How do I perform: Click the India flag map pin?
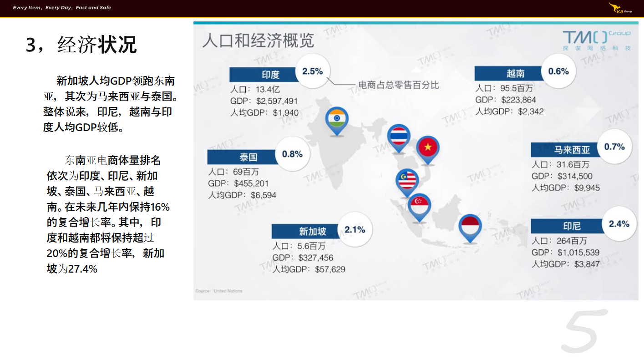(337, 121)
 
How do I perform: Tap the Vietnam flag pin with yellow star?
(428, 150)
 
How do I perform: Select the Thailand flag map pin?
(399, 138)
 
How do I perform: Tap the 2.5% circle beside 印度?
(313, 71)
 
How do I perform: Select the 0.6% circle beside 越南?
(558, 71)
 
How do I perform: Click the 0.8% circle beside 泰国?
(292, 154)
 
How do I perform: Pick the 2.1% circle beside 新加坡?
(355, 229)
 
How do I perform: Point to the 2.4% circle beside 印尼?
(619, 224)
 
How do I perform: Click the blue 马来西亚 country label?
(565, 150)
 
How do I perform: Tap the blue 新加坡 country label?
(305, 231)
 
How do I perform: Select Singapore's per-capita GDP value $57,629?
(330, 269)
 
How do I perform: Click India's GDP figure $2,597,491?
(277, 101)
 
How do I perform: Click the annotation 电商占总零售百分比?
(399, 85)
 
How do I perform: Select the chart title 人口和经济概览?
(258, 40)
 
